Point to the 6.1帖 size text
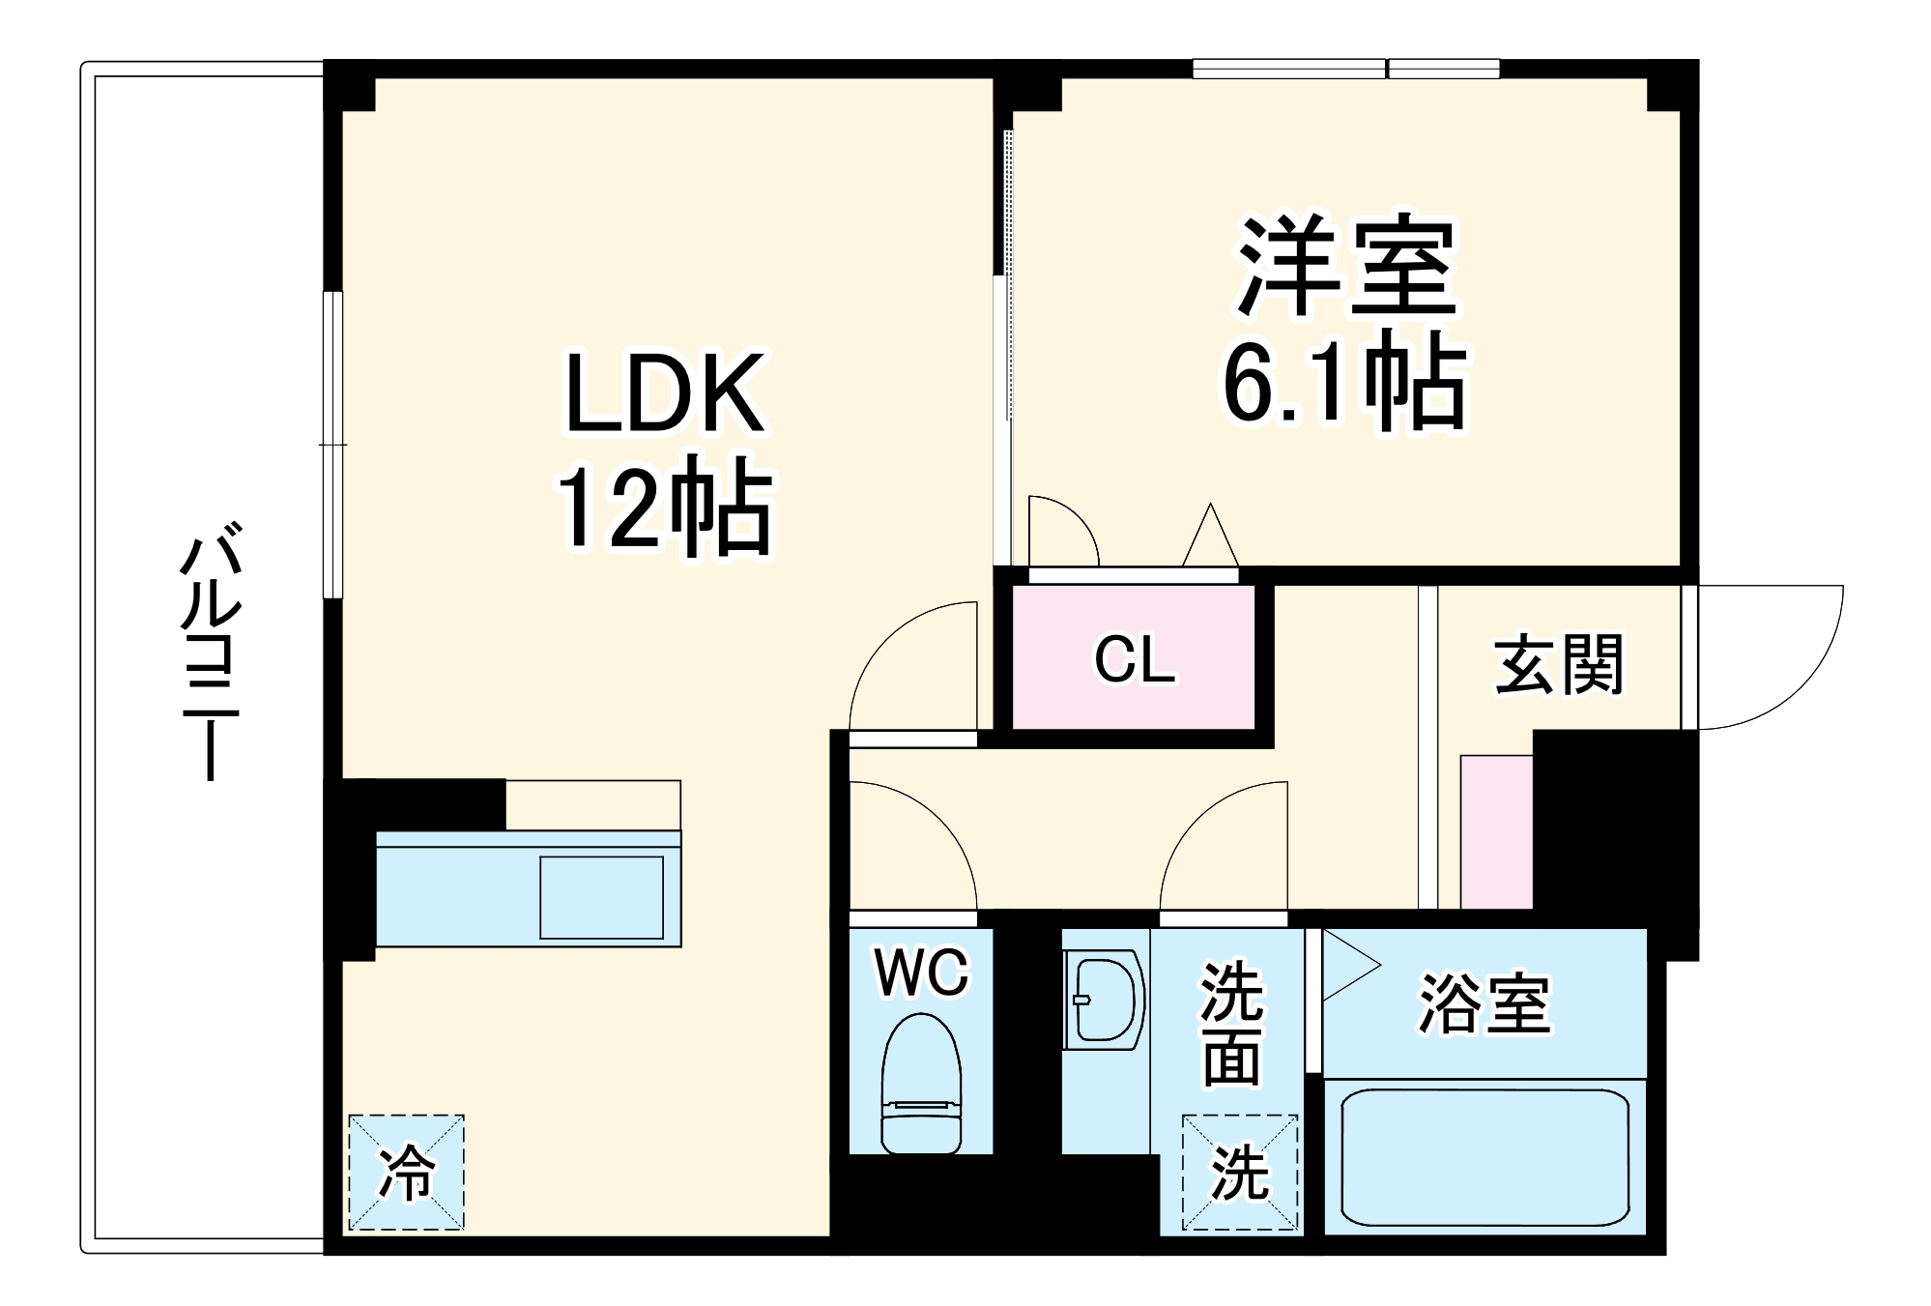point(1346,382)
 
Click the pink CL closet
point(1134,658)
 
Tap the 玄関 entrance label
point(1559,664)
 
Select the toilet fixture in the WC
point(921,1083)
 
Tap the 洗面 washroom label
point(1231,1025)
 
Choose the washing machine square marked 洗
point(1239,1173)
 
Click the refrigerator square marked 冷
point(406,1173)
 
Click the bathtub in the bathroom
point(1484,1156)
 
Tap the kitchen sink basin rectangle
point(601,897)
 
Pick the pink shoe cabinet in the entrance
point(1496,831)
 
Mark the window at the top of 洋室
point(1345,69)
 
